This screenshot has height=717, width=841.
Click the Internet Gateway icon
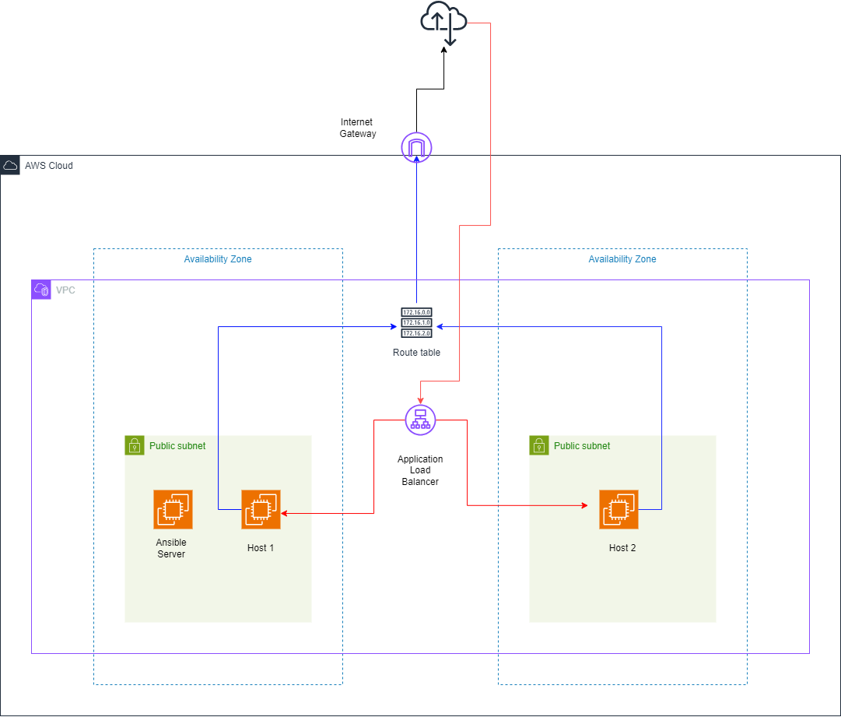416,147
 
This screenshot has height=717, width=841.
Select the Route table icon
416,323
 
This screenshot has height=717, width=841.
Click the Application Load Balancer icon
420,420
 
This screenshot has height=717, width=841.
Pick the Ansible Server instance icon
173,510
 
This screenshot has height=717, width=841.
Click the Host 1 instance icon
261,510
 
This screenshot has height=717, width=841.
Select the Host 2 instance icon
618,510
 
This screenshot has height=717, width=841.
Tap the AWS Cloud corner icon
10,165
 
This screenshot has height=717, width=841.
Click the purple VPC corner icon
41,290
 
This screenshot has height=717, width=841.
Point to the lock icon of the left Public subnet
135,445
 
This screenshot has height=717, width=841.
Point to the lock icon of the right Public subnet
539,445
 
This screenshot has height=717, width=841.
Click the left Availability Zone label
218,259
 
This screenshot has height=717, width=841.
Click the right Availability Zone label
622,259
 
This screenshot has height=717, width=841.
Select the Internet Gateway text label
357,128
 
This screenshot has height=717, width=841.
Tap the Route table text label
416,353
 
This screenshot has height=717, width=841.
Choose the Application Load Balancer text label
420,470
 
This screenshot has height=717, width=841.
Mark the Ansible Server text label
171,548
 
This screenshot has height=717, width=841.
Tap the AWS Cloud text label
49,166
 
